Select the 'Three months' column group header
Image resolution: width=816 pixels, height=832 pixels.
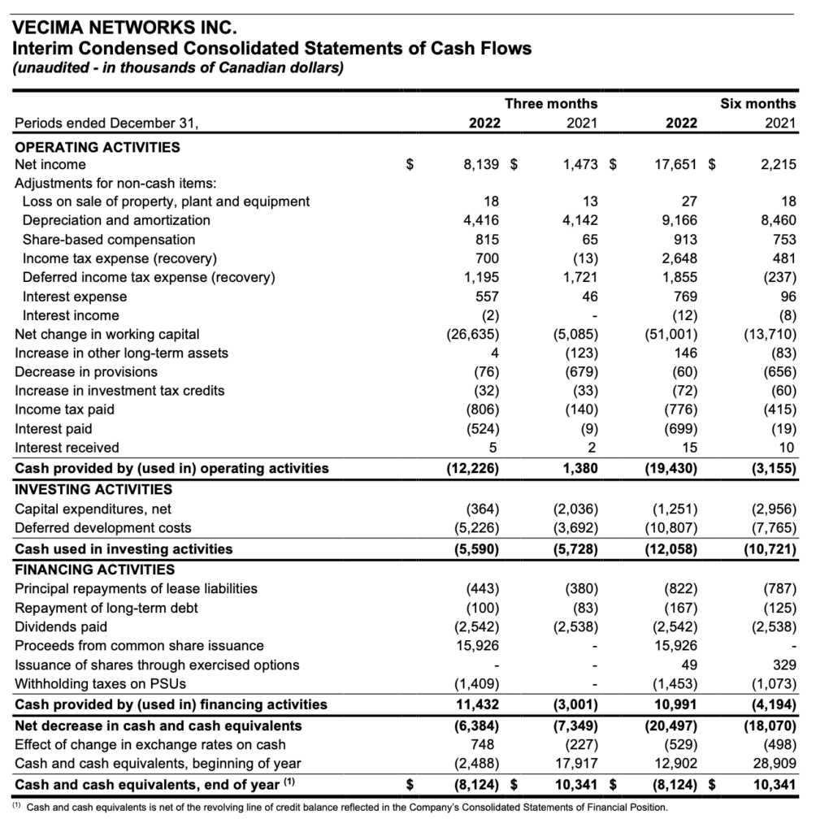(550, 103)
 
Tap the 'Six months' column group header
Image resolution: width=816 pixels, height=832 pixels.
(757, 103)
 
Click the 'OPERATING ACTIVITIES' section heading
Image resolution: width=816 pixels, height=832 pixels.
(98, 147)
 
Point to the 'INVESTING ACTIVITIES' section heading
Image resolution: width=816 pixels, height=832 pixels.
(93, 489)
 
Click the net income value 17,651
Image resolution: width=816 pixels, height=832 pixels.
(671, 165)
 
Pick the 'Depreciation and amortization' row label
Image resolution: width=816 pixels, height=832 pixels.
(116, 220)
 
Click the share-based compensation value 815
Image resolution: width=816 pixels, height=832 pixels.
(487, 240)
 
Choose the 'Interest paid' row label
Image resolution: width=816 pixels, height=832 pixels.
(54, 428)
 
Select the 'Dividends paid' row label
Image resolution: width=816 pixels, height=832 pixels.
(61, 626)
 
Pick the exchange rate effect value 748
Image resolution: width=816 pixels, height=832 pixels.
(487, 744)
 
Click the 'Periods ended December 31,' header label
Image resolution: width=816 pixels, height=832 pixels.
(106, 124)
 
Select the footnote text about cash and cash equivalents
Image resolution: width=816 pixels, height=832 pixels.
(341, 808)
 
